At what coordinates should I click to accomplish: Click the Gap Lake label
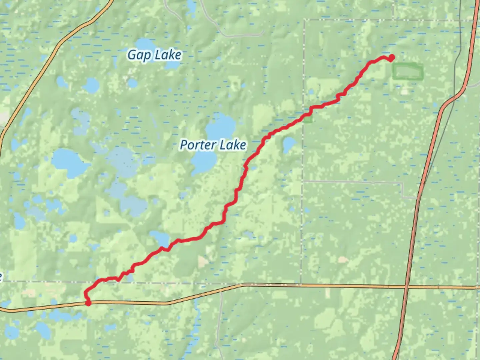pos(154,55)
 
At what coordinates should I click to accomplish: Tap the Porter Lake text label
pos(213,145)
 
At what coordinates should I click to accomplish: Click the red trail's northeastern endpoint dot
pos(392,58)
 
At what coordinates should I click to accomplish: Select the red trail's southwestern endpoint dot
pos(88,303)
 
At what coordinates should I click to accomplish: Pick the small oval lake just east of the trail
pos(289,144)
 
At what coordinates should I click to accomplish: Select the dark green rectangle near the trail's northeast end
pos(407,71)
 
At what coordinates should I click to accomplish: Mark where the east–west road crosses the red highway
pos(406,287)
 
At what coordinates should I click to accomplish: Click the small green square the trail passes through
pos(308,119)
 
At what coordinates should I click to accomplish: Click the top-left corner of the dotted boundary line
pos(304,21)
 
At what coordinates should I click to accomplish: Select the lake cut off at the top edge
pos(191,5)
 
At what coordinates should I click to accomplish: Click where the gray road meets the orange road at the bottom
pos(221,291)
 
